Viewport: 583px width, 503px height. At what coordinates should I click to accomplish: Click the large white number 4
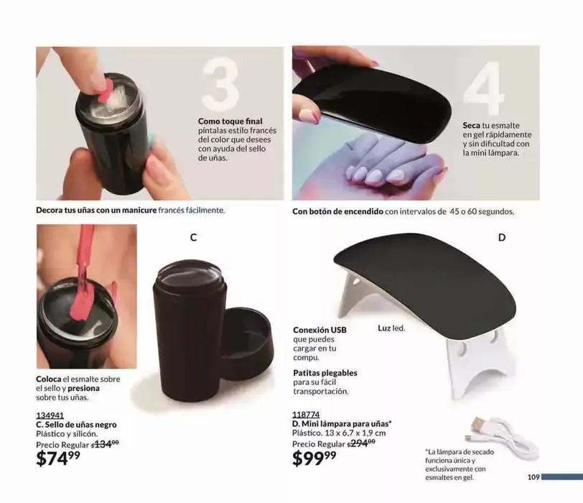pyautogui.click(x=484, y=88)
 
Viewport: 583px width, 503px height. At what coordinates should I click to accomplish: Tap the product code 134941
pyautogui.click(x=50, y=415)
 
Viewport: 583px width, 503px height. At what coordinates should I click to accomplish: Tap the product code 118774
pyautogui.click(x=306, y=415)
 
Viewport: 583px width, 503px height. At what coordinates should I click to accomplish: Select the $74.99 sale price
pyautogui.click(x=58, y=458)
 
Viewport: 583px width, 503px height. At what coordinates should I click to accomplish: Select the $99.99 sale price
pyautogui.click(x=314, y=458)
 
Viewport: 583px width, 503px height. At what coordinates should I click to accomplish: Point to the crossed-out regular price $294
pyautogui.click(x=361, y=443)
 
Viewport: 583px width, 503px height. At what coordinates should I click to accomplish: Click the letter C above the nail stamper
pyautogui.click(x=193, y=237)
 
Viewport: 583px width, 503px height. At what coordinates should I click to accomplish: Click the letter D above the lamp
pyautogui.click(x=502, y=237)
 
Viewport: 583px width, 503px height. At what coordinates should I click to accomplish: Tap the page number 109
pyautogui.click(x=533, y=477)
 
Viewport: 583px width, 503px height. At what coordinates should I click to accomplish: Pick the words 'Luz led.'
pyautogui.click(x=391, y=328)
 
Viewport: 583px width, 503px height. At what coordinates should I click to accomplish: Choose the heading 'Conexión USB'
pyautogui.click(x=320, y=330)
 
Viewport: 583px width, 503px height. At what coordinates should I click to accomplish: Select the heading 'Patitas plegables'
pyautogui.click(x=325, y=373)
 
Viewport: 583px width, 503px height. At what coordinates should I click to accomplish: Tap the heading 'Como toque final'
pyautogui.click(x=230, y=121)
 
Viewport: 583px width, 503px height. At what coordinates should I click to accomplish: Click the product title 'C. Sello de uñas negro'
pyautogui.click(x=76, y=425)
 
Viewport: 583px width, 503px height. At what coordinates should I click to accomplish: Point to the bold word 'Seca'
pyautogui.click(x=472, y=125)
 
